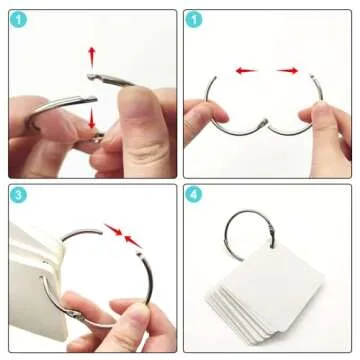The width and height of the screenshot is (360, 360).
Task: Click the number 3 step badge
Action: pyautogui.click(x=18, y=195)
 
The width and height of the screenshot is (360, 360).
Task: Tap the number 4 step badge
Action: pyautogui.click(x=193, y=195)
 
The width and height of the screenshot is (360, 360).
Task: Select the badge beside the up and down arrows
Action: pyautogui.click(x=18, y=19)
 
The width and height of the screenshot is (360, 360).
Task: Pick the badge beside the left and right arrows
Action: pyautogui.click(x=193, y=19)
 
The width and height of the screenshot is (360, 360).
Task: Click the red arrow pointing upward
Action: pyautogui.click(x=92, y=57)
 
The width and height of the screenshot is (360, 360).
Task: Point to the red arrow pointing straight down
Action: pyautogui.click(x=92, y=119)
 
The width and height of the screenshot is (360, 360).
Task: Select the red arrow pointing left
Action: pyautogui.click(x=246, y=71)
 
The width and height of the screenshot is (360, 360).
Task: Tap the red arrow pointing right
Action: pyautogui.click(x=287, y=71)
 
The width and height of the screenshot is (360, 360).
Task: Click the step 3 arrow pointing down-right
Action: pyautogui.click(x=113, y=230)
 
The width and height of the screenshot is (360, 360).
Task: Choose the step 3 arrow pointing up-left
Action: pyautogui.click(x=133, y=241)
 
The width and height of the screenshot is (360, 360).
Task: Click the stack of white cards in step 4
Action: pyautogui.click(x=265, y=293)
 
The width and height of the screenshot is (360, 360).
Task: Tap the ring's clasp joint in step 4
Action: pyautogui.click(x=271, y=231)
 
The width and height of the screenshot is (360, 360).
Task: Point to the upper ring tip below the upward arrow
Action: pyautogui.click(x=91, y=77)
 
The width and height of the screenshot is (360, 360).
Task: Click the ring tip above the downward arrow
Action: pyautogui.click(x=93, y=99)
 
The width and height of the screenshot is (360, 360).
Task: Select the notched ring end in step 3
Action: pyautogui.click(x=140, y=255)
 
